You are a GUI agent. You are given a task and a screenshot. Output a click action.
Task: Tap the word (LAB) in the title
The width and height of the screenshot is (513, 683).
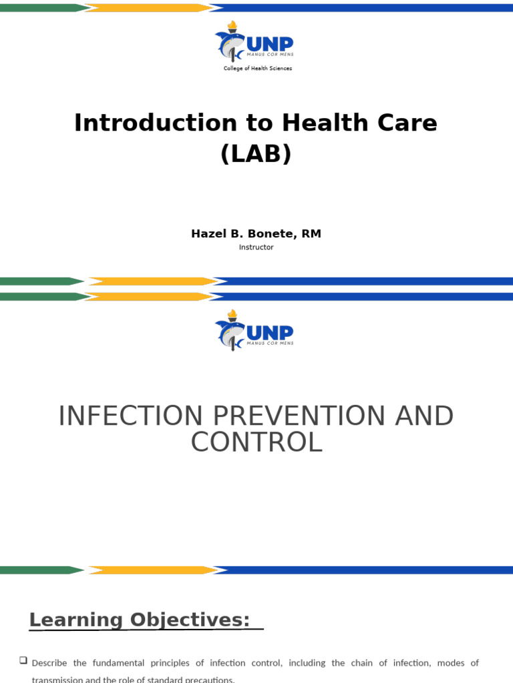[x=256, y=154]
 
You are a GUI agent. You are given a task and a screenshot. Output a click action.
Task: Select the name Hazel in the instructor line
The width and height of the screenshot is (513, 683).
[x=209, y=233]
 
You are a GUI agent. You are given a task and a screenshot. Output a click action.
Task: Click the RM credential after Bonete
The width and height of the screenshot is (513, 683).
[x=312, y=233]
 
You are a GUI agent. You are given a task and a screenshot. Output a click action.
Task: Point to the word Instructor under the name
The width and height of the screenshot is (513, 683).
[x=256, y=247]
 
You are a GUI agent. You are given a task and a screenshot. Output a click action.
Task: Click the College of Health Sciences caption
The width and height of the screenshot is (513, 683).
[x=257, y=69]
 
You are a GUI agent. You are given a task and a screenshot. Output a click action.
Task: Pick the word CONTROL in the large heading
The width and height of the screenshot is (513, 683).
[x=256, y=443]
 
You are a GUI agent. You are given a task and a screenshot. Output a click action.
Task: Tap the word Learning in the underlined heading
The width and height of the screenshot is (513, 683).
[x=76, y=620]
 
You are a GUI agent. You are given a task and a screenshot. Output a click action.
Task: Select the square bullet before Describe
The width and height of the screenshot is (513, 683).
[x=23, y=660]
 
